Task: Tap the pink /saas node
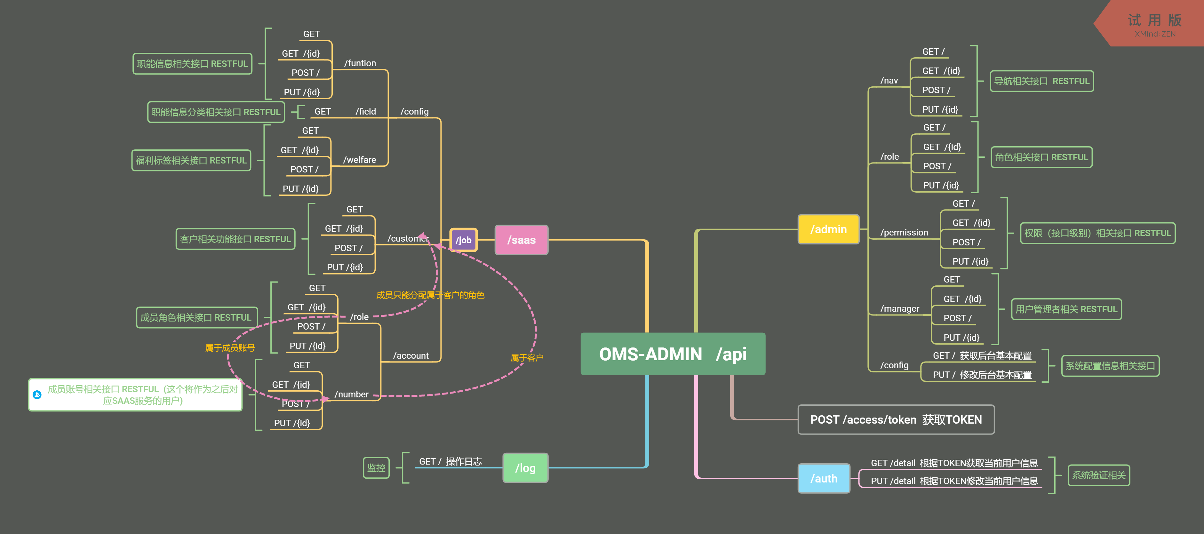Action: (521, 240)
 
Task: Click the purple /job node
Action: (463, 240)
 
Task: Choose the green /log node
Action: (525, 468)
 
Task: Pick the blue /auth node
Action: (824, 478)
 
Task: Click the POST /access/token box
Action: (896, 419)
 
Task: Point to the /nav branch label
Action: (889, 80)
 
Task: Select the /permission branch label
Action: (904, 232)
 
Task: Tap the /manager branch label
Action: (899, 308)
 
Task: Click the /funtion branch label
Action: (360, 63)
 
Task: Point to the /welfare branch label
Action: (359, 160)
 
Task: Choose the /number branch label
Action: (352, 394)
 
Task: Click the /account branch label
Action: (411, 355)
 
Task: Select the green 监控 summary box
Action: (376, 468)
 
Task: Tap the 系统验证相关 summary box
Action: (1098, 475)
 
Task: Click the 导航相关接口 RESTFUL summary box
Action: (1041, 81)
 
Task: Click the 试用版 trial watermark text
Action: (1154, 20)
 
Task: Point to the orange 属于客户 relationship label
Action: (527, 358)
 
